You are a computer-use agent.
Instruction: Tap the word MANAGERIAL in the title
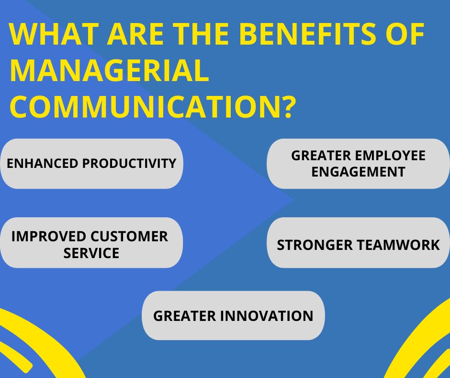pos(109,71)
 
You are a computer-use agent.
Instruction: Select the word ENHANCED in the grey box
pos(43,164)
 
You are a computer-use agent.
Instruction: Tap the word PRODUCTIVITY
pos(129,164)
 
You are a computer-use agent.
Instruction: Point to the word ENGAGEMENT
pos(358,172)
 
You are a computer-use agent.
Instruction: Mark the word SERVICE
pos(91,253)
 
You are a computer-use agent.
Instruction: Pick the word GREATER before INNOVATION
pos(184,316)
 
